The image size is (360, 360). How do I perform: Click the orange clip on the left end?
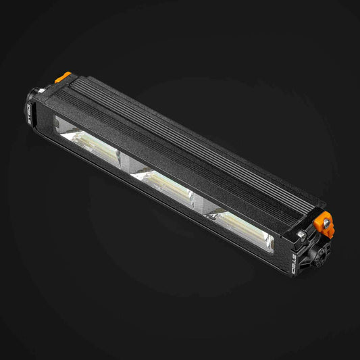65,76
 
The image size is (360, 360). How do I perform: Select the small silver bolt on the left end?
43,88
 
